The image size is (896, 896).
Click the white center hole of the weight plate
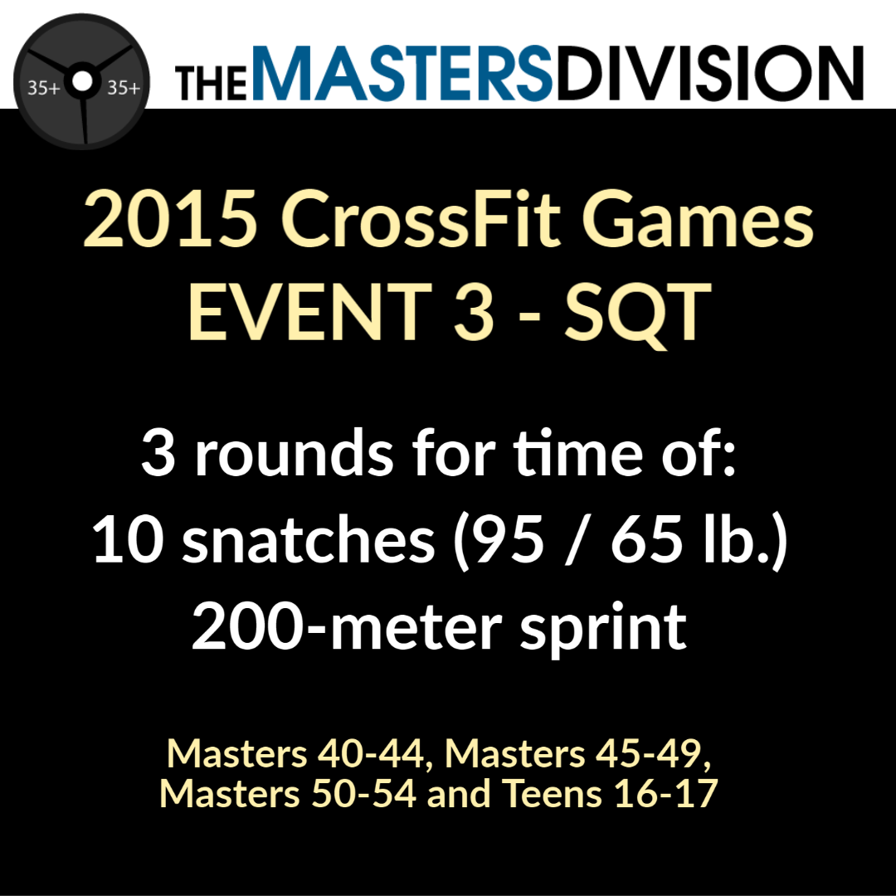coord(82,81)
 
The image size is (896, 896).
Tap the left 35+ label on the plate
coord(44,88)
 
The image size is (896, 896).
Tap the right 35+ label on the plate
coord(124,88)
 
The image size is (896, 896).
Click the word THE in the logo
coord(211,84)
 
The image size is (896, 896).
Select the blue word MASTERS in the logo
coord(401,73)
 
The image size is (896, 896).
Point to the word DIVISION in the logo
coord(709,73)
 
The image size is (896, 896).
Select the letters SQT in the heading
coord(638,314)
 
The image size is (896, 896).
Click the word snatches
coord(309,539)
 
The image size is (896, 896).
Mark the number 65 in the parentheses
coord(645,540)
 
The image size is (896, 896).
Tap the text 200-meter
coord(347,626)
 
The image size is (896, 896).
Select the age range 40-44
coord(371,753)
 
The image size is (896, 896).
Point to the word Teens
coord(552,794)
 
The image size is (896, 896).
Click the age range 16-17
coord(666,794)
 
